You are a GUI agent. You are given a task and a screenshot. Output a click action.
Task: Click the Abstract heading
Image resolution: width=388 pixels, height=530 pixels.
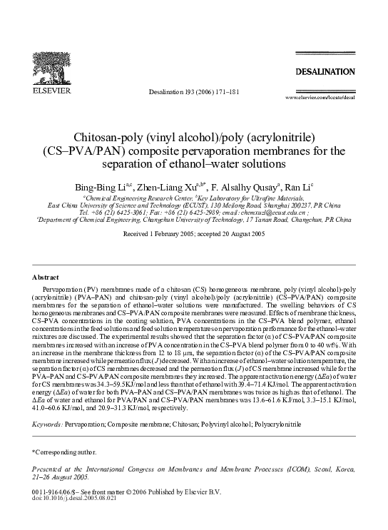(48, 276)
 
